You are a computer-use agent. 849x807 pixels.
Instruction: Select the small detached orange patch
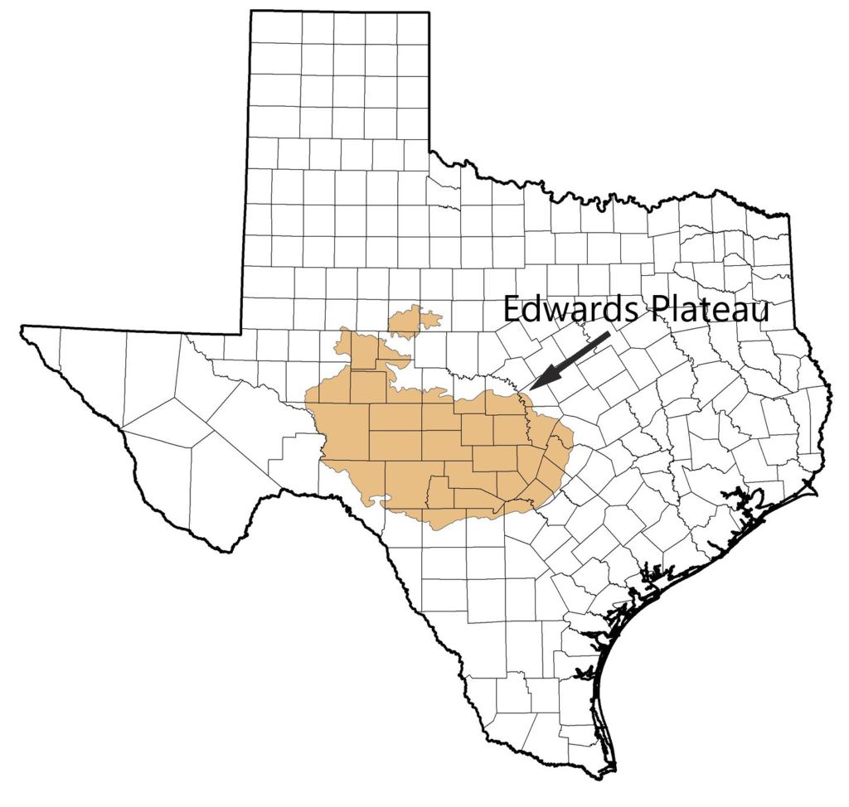tap(414, 321)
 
